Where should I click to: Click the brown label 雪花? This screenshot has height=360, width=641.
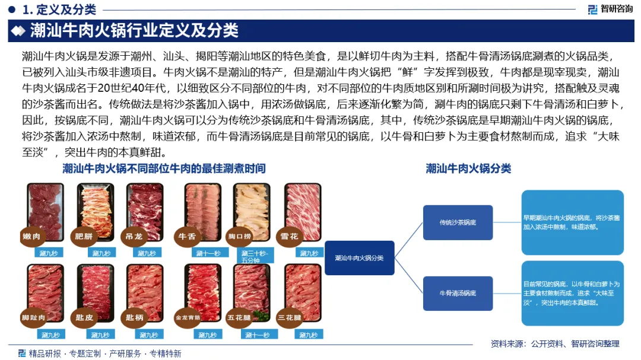click(x=290, y=237)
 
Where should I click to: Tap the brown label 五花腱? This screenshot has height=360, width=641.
click(x=239, y=317)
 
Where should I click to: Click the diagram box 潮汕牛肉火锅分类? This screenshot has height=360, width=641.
click(x=359, y=258)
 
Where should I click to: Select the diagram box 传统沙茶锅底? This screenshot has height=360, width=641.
click(x=458, y=222)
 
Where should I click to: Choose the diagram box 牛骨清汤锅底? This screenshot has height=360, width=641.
click(x=458, y=293)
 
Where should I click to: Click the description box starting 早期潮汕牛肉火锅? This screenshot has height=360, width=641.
click(x=572, y=222)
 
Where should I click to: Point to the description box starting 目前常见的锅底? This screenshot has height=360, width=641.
click(x=572, y=293)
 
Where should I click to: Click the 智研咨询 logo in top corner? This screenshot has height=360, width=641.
click(x=610, y=9)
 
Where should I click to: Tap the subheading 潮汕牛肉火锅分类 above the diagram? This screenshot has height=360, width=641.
click(x=468, y=168)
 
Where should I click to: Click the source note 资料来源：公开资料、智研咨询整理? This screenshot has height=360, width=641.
click(x=555, y=343)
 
